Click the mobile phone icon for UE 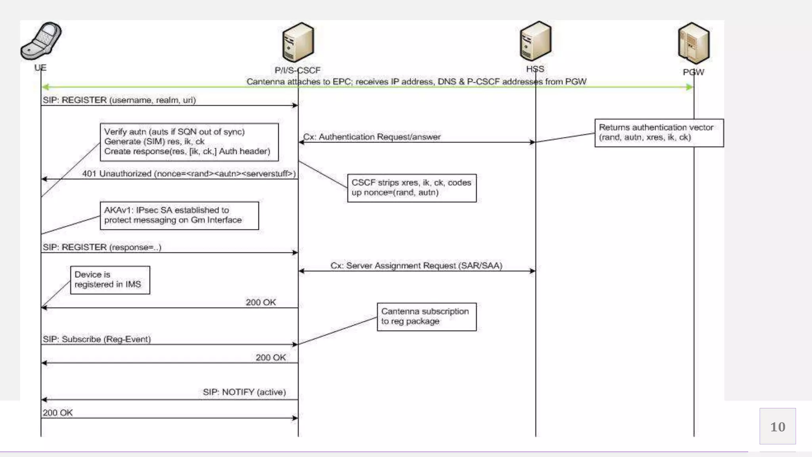point(41,41)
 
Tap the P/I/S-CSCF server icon point(298,42)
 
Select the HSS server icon point(535,41)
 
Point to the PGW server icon point(693,43)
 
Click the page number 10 point(778,426)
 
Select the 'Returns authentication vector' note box point(659,133)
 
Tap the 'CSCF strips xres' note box point(412,188)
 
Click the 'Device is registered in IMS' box point(110,280)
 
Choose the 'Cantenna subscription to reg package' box point(426,317)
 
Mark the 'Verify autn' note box point(189,142)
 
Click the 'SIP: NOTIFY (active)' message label point(244,392)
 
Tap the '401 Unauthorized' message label point(189,174)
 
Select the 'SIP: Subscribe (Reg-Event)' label point(97,340)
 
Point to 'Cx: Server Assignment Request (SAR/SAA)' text point(416,266)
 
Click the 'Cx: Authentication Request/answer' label point(372,137)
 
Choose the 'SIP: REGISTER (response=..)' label point(102,248)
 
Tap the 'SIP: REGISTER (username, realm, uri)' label point(119,100)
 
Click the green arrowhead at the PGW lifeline point(689,87)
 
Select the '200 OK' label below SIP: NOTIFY point(58,413)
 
